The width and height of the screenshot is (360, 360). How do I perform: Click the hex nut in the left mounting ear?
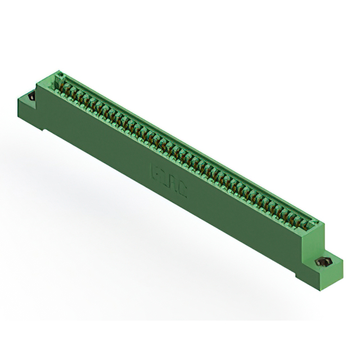31,97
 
